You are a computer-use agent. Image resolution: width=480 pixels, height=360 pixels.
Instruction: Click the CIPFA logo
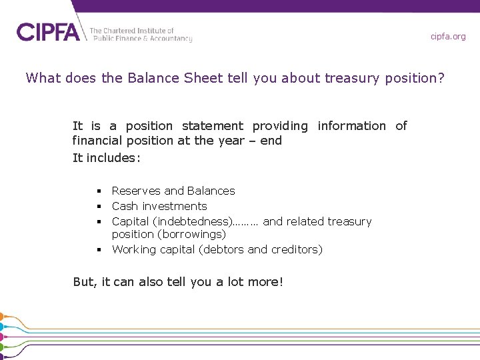coord(48,31)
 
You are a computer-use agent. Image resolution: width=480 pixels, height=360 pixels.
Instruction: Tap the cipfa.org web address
coord(448,37)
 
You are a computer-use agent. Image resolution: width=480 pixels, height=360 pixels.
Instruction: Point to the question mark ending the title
coord(440,78)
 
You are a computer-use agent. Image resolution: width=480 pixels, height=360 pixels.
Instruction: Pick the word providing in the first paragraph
coord(280,126)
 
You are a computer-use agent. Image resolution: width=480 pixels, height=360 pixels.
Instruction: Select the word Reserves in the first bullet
coord(135,191)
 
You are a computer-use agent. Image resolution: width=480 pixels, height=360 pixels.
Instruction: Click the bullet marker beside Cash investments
coord(98,207)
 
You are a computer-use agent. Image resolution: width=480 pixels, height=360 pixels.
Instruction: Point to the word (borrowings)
coord(193,235)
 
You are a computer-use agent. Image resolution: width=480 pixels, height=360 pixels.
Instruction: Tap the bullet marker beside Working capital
coord(98,250)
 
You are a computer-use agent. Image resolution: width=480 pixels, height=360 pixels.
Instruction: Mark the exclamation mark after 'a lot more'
coord(281,282)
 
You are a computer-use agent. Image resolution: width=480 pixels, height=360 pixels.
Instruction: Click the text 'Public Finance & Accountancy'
coord(141,39)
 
